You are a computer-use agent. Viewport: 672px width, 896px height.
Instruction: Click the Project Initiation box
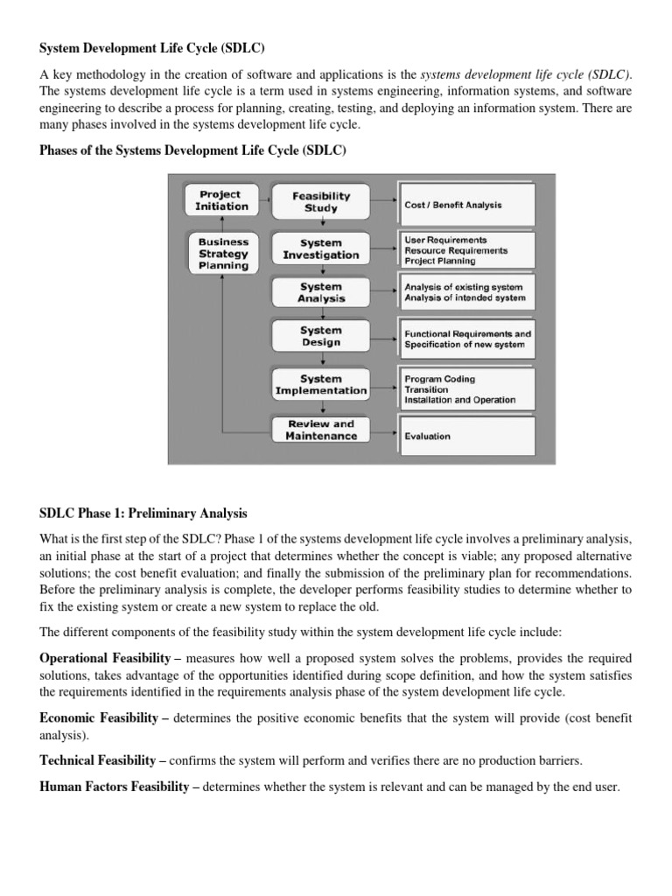point(220,200)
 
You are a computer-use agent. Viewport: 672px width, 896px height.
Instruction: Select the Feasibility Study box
point(321,202)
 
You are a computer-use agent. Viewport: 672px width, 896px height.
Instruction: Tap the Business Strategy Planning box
point(224,253)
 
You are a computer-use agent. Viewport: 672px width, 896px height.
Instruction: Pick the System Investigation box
point(321,248)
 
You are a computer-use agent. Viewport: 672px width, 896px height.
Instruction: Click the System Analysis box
point(321,292)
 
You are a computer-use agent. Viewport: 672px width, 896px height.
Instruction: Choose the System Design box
point(321,337)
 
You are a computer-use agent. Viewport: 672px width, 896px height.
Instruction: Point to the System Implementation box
point(321,385)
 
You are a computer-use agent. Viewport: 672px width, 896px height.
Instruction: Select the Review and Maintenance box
point(321,430)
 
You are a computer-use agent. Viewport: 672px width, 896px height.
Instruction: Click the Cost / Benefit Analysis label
point(453,205)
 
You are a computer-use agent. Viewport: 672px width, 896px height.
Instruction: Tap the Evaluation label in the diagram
point(428,436)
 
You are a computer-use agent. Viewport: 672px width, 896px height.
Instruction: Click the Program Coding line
point(440,379)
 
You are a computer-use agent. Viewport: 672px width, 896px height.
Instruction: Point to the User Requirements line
point(445,239)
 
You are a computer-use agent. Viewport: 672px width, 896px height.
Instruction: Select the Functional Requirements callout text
point(467,333)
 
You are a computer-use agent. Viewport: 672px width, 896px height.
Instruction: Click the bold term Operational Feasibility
point(109,656)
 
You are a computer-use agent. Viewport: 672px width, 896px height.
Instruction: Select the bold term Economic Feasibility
point(104,717)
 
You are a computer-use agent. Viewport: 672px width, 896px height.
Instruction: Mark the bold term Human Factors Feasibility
point(115,787)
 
